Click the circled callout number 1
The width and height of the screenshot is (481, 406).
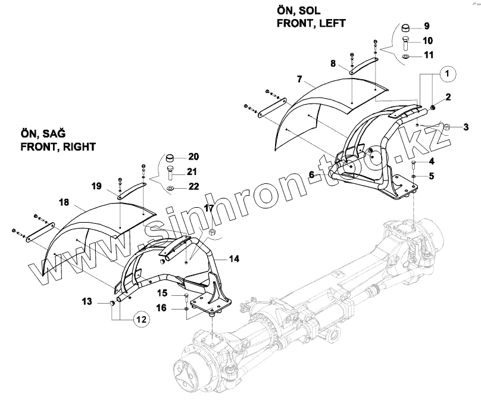tap(449, 74)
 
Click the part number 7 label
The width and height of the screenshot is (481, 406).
tap(299, 79)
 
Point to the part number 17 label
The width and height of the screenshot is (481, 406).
tap(209, 208)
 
